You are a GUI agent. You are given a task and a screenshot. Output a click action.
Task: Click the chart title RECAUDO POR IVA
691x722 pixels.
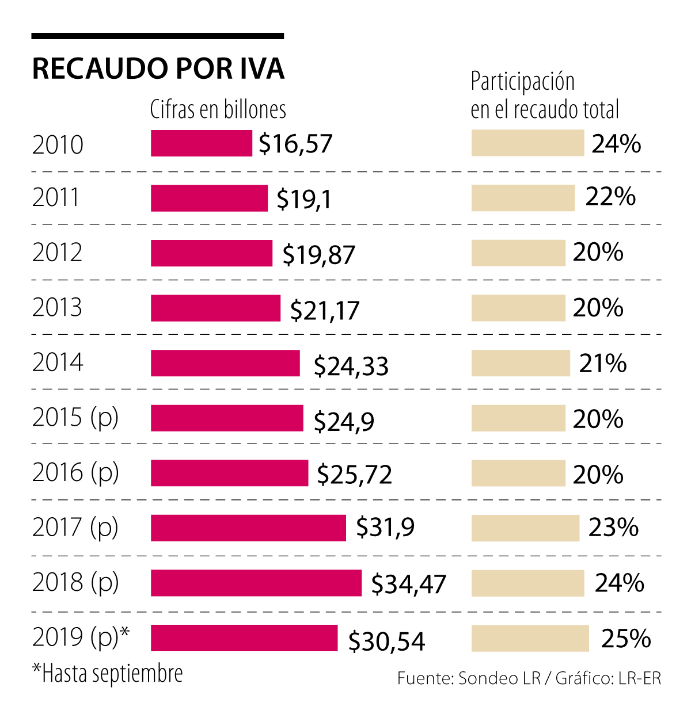[158, 68]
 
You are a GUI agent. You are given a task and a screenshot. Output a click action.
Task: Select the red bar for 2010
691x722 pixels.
[201, 143]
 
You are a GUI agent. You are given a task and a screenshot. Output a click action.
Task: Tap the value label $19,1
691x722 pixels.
[303, 199]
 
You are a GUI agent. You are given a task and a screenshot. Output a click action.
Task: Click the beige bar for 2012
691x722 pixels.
[518, 253]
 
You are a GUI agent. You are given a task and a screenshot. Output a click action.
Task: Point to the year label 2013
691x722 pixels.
[57, 308]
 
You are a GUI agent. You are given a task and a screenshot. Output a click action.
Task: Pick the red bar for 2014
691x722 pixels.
[225, 363]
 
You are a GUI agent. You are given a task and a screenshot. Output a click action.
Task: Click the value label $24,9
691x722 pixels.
[344, 421]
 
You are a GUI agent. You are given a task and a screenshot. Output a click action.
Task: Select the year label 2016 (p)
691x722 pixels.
[75, 473]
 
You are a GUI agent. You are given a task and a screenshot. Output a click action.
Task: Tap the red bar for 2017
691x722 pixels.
[248, 528]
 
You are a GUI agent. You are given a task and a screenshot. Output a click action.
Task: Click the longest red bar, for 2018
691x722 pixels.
[256, 583]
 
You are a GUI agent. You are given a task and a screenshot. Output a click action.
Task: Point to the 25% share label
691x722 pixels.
[626, 639]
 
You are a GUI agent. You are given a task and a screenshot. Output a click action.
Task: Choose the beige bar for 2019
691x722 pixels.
[530, 639]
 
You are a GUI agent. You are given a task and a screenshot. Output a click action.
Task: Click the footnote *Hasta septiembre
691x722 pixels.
[108, 673]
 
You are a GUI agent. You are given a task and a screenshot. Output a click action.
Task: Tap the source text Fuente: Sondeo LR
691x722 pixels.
[469, 678]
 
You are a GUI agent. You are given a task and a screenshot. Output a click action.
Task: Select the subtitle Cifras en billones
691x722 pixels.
[218, 109]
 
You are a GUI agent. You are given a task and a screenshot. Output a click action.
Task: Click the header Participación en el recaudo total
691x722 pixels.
[544, 95]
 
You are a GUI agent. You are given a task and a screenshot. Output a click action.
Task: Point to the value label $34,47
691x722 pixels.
[408, 584]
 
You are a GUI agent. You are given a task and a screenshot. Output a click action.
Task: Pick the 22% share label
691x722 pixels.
[610, 197]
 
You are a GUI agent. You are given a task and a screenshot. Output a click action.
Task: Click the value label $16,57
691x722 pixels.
[295, 144]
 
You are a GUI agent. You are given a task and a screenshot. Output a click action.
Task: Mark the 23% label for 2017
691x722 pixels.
[613, 528]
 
